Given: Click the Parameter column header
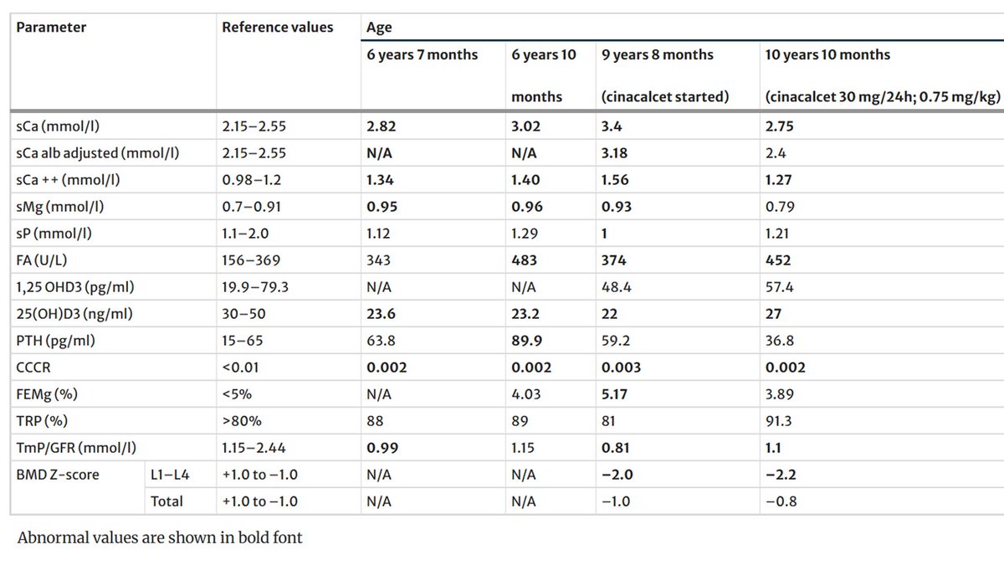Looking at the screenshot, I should [51, 27].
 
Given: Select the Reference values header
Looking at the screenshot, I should [277, 27].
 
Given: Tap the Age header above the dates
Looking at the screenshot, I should [379, 27].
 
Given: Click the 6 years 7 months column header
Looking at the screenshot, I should [422, 54].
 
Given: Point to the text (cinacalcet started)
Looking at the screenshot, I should [665, 96].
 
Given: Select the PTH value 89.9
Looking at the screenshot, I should [526, 341].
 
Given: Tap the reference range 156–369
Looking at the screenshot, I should [248, 260].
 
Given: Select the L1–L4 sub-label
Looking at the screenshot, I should [168, 475].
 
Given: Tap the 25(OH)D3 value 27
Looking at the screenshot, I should [774, 314].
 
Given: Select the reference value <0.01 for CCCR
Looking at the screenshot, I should [239, 367].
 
